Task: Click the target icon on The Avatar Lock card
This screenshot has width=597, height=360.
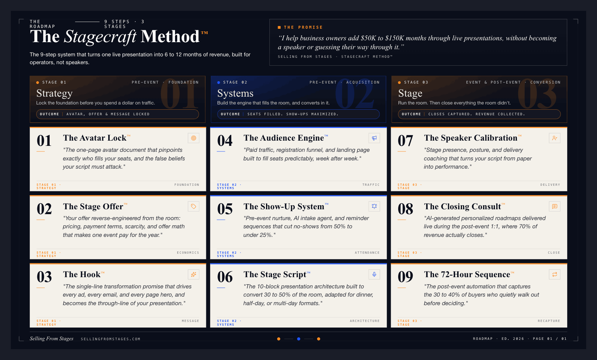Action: (x=193, y=138)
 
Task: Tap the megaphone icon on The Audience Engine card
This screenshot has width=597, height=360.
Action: (x=374, y=138)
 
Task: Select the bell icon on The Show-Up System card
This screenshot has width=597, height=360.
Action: (x=374, y=206)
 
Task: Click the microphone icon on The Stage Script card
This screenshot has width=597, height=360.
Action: (x=374, y=275)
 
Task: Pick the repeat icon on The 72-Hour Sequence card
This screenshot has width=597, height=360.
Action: (x=554, y=275)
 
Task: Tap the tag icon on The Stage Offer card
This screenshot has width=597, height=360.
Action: (x=193, y=206)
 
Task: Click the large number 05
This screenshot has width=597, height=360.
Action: (x=225, y=209)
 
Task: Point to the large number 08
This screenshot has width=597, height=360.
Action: (x=405, y=209)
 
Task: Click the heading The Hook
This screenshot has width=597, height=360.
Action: (x=82, y=275)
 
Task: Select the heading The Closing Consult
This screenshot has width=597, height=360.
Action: (x=462, y=207)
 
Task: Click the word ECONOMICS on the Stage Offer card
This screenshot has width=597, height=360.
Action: (x=188, y=253)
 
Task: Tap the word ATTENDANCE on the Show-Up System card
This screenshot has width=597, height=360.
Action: (x=367, y=253)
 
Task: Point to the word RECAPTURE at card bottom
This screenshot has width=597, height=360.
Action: (x=548, y=321)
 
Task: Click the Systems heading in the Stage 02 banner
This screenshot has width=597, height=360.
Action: (x=235, y=93)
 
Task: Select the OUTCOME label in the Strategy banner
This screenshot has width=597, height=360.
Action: (x=50, y=114)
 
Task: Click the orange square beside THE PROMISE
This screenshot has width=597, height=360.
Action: (x=279, y=27)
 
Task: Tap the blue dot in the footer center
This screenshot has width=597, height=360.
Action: (x=298, y=339)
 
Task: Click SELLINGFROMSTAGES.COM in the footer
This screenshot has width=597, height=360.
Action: (x=110, y=339)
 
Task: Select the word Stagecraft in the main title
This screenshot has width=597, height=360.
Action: (x=100, y=37)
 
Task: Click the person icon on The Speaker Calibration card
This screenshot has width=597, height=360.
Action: (x=554, y=138)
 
